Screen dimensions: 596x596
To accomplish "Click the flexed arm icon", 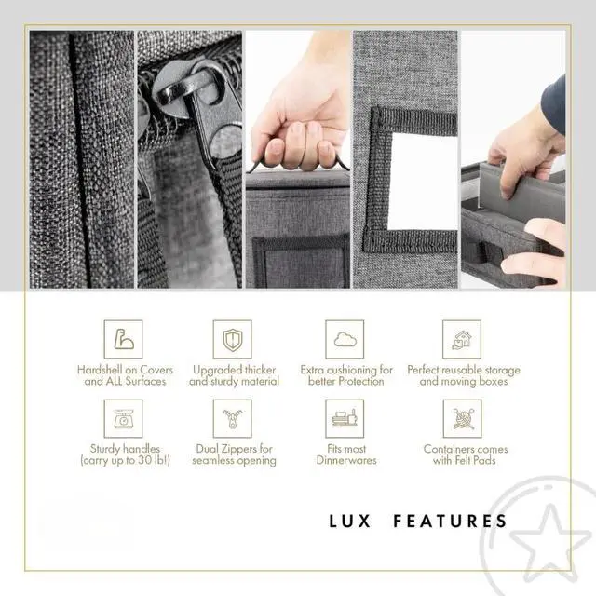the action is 124,339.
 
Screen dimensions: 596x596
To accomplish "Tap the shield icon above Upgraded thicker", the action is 232,339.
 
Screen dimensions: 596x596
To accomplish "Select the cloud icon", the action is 345,339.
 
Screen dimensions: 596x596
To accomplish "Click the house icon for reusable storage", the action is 462,339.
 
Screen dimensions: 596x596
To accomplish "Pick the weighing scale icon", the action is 124,418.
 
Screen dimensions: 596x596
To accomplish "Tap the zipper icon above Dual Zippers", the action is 232,419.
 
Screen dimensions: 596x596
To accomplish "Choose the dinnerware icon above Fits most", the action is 345,418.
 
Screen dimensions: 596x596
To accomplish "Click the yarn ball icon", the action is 462,418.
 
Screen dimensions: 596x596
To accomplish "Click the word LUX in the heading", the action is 350,521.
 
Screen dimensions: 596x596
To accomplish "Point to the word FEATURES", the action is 450,521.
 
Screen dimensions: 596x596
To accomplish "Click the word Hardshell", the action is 99,370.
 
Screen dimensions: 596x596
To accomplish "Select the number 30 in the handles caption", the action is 145,460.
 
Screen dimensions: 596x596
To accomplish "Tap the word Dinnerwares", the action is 346,460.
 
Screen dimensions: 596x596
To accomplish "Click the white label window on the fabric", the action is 423,182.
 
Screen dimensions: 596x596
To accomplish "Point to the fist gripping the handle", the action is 300,126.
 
